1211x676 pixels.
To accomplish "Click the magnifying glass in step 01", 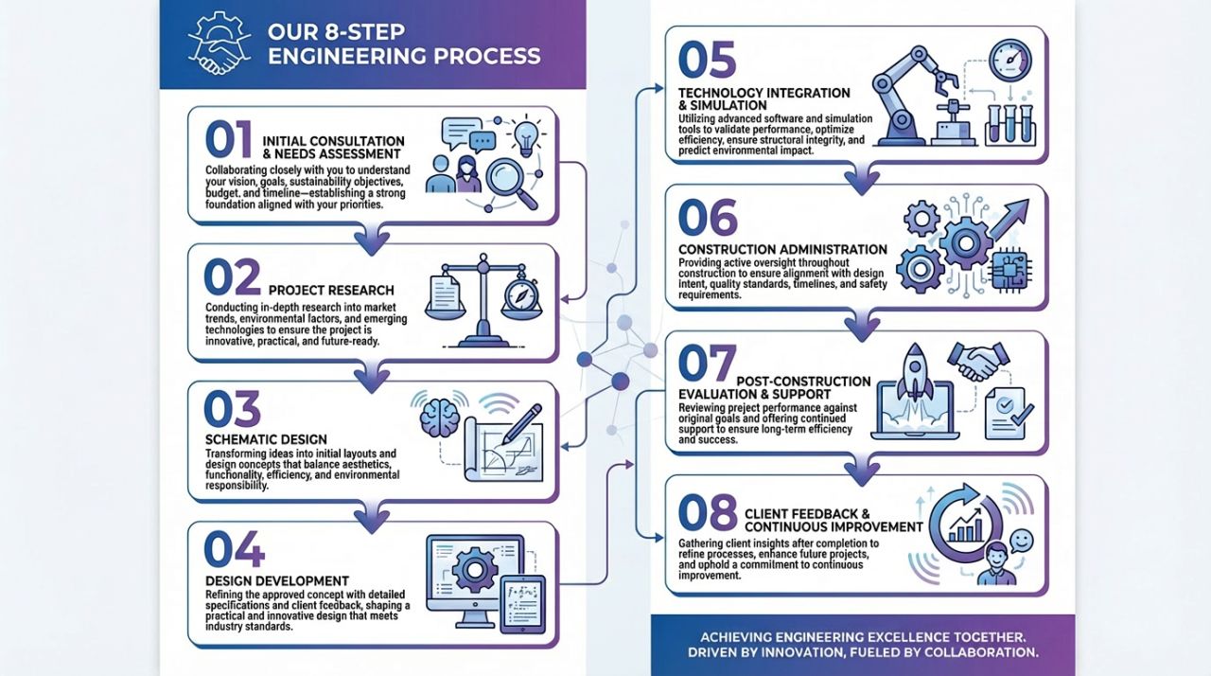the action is tap(511, 181).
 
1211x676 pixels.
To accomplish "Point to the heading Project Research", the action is tap(332, 290).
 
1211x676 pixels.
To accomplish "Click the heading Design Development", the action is tap(276, 580).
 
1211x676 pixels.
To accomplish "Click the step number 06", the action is tap(707, 219).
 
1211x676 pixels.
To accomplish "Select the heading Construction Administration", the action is tap(782, 249).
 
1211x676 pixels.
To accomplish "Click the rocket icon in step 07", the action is tap(914, 374).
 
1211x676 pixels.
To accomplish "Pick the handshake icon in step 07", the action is tap(978, 362).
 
